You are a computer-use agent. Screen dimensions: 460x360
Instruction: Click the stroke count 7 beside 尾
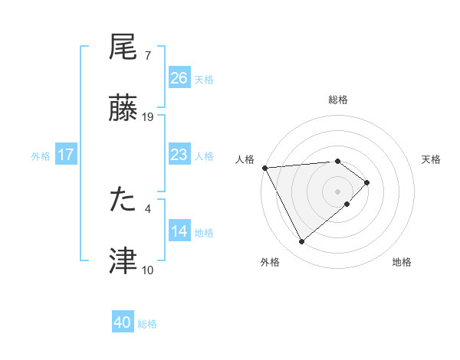[147, 56]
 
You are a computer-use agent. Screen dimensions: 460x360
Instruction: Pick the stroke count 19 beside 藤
[148, 117]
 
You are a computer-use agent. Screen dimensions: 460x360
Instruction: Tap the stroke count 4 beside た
[147, 208]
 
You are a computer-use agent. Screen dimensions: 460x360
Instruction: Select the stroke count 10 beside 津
[148, 270]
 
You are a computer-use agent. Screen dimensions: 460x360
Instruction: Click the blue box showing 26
[179, 78]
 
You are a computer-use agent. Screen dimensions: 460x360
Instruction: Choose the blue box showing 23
[179, 155]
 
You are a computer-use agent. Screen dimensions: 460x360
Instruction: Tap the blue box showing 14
[179, 231]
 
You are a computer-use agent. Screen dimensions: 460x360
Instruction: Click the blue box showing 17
[66, 155]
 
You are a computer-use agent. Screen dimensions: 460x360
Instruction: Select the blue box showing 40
[123, 323]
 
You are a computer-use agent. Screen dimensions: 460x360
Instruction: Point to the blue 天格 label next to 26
[204, 79]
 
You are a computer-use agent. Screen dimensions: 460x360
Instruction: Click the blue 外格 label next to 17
[41, 155]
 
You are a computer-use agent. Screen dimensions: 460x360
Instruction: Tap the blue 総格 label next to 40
[148, 324]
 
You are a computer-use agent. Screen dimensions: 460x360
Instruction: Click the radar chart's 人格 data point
[264, 168]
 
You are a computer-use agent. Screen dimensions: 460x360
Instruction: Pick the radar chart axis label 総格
[338, 100]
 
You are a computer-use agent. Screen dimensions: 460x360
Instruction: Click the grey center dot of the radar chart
[338, 190]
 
